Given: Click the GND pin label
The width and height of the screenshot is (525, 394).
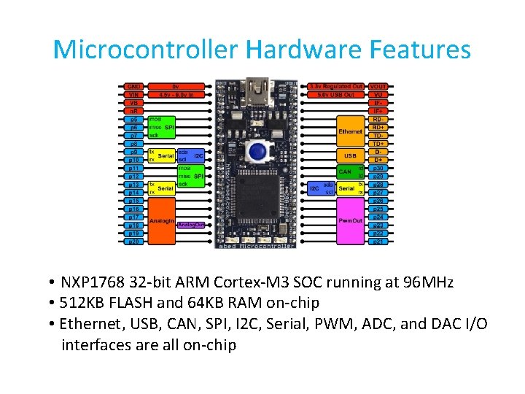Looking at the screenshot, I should point(134,86).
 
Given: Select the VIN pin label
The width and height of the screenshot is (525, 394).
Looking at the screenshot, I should point(134,94).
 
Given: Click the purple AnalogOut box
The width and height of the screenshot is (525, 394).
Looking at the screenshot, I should point(191,225).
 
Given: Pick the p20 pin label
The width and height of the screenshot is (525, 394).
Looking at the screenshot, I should point(134,241).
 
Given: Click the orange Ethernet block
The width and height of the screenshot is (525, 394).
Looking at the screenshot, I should point(350,131).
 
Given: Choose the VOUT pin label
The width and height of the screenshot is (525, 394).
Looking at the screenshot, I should point(378,86).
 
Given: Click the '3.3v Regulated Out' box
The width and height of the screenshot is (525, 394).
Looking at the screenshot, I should point(336,86).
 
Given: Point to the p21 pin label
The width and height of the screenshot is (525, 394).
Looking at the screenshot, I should point(378,241).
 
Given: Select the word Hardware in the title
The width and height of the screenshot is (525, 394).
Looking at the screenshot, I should point(304,50).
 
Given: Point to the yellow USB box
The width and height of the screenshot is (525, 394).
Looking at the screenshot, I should point(349,156).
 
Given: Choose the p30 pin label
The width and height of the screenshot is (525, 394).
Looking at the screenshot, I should point(378,168).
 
